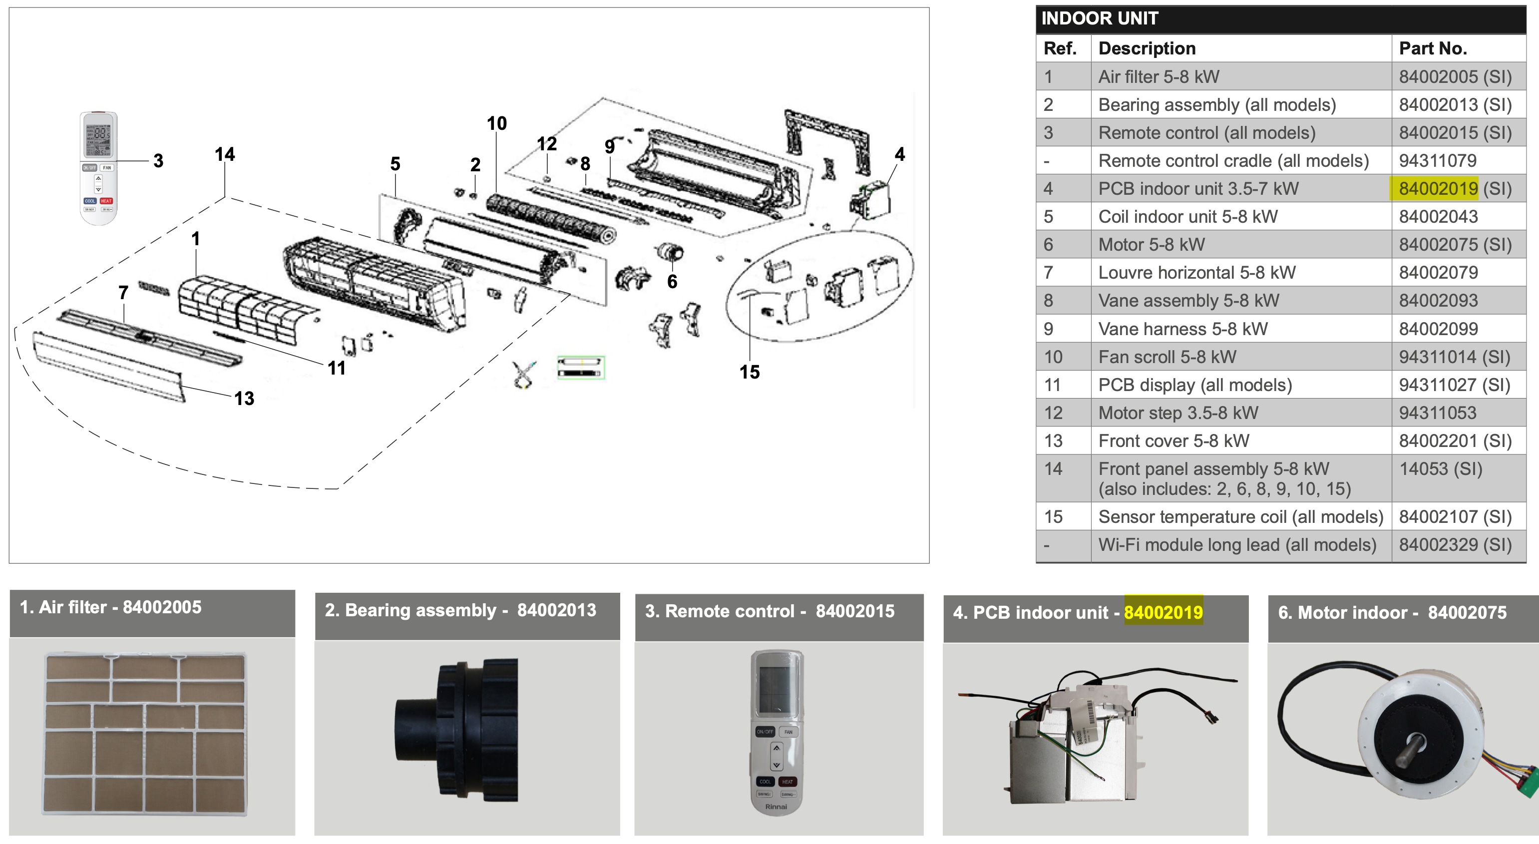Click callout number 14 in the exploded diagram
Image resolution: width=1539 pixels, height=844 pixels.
coord(225,154)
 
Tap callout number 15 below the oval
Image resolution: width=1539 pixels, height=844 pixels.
coord(750,372)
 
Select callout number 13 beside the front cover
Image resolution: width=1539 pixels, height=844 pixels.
coord(244,399)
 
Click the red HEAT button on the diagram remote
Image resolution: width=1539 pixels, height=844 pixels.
coord(106,201)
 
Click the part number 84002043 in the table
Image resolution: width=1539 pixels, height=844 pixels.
coord(1438,216)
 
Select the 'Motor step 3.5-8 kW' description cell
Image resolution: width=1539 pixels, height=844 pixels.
coord(1178,413)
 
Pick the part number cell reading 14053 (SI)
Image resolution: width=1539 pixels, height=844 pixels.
coord(1441,469)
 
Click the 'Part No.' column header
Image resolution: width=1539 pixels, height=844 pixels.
coord(1433,48)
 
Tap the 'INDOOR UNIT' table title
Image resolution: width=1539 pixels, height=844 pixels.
coord(1100,18)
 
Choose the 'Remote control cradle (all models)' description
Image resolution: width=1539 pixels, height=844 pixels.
coord(1233,161)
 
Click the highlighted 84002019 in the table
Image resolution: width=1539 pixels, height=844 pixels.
coord(1438,189)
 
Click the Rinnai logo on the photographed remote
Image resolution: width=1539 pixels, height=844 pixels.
coord(776,807)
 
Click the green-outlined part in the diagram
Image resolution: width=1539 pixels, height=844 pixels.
coord(581,368)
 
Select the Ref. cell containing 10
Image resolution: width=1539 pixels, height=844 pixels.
coord(1053,357)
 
